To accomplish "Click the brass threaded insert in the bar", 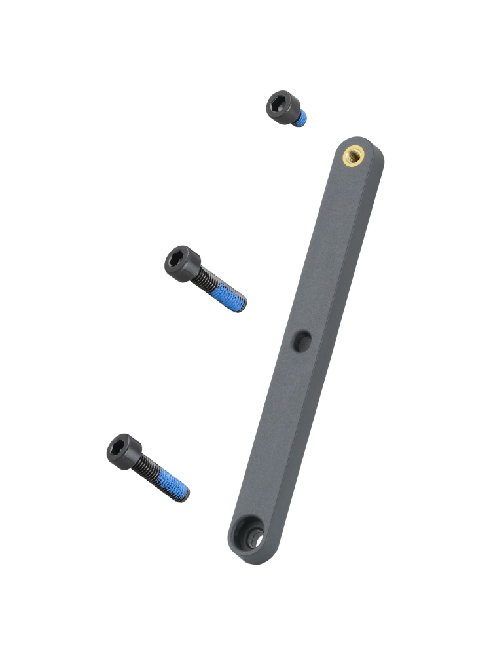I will click(x=354, y=155).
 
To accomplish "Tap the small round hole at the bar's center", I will click(x=302, y=341).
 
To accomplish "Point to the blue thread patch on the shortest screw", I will click(x=300, y=119).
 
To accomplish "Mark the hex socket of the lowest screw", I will click(x=119, y=447).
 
